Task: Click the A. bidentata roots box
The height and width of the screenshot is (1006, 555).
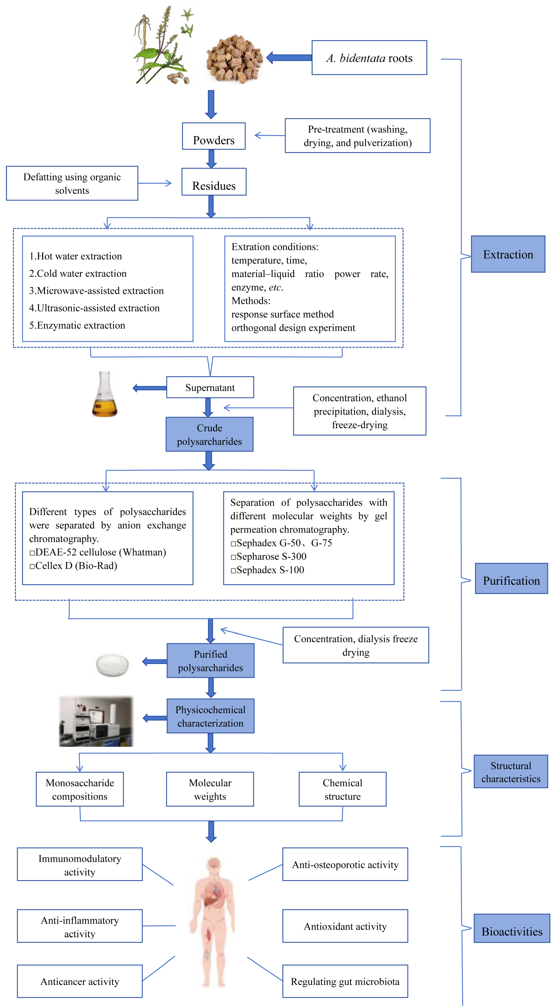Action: pyautogui.click(x=369, y=58)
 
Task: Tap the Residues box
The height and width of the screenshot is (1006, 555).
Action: pyautogui.click(x=214, y=182)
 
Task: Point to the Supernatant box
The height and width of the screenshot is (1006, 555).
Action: pyautogui.click(x=210, y=387)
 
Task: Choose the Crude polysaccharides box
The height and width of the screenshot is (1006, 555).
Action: pyautogui.click(x=209, y=434)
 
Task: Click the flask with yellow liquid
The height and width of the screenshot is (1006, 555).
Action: pyautogui.click(x=104, y=395)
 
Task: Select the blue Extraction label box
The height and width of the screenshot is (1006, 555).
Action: pyautogui.click(x=508, y=254)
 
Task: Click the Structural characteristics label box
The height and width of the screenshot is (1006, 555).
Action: pyautogui.click(x=511, y=772)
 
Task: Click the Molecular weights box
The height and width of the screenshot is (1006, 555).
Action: pyautogui.click(x=210, y=789)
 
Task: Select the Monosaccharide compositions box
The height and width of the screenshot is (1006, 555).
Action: pyautogui.click(x=80, y=789)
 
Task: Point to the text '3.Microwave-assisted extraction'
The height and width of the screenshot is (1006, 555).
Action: pyautogui.click(x=96, y=291)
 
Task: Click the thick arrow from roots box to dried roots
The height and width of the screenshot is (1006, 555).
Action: pyautogui.click(x=289, y=58)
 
